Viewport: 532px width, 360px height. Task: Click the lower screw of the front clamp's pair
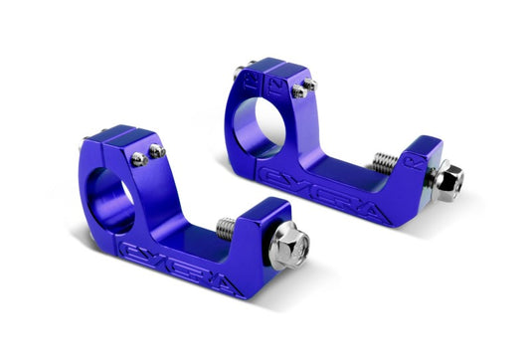[x=140, y=159]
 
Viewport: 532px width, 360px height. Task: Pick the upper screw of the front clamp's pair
[x=156, y=150]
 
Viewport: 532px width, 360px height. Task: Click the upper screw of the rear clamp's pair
[x=310, y=85]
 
